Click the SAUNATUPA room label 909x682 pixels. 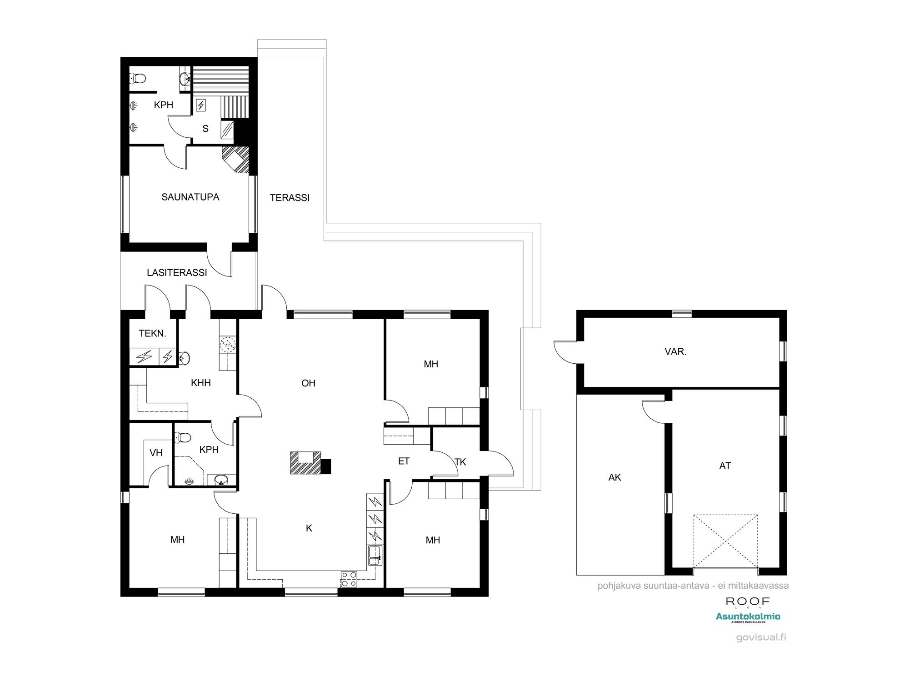[190, 197]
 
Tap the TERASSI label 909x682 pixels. [290, 198]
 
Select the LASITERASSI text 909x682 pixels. [177, 272]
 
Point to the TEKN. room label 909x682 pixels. [152, 333]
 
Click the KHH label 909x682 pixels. [201, 383]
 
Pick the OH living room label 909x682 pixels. [308, 383]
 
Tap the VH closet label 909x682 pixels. [156, 453]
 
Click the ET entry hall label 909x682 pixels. [404, 461]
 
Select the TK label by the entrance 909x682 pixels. [460, 462]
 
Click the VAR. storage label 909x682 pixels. [675, 351]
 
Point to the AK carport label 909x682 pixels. [614, 477]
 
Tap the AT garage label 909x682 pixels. [725, 466]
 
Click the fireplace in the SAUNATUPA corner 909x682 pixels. [236, 160]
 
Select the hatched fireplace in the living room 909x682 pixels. [306, 463]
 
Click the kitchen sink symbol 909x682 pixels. [375, 555]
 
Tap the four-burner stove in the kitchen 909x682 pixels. [349, 579]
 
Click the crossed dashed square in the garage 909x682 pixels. [726, 541]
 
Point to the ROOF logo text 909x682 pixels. [748, 602]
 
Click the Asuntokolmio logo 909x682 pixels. [748, 617]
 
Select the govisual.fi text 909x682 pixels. [761, 637]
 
